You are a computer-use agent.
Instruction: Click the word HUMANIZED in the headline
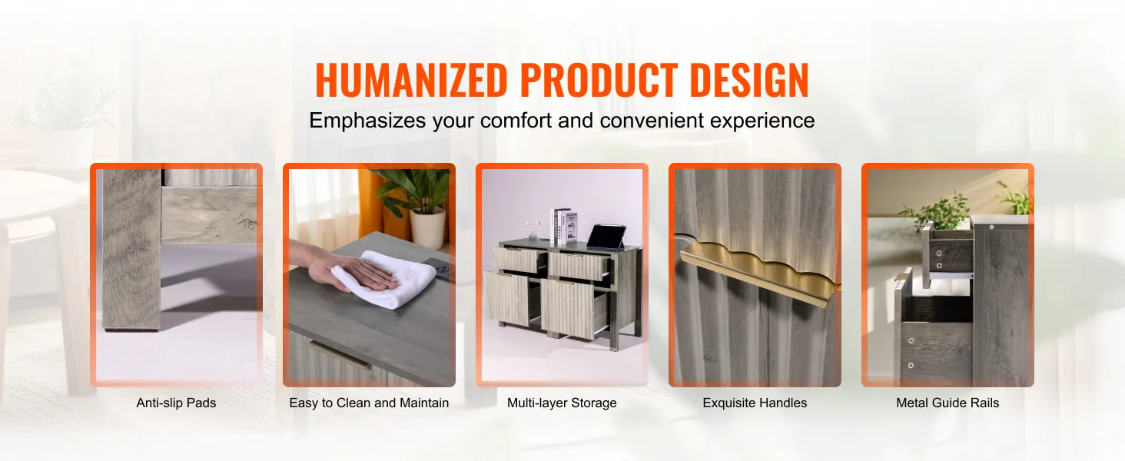click(x=411, y=80)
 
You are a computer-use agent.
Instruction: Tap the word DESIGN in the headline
click(x=749, y=80)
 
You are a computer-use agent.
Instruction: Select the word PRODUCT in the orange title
click(x=599, y=80)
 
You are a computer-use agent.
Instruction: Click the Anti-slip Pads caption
click(x=176, y=403)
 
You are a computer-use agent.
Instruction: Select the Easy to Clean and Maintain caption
click(x=369, y=403)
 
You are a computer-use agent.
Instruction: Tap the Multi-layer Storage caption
click(x=562, y=403)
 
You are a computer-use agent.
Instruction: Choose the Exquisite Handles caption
click(x=755, y=403)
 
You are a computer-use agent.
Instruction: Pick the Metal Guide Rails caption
click(x=947, y=403)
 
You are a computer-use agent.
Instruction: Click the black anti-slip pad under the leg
click(x=131, y=330)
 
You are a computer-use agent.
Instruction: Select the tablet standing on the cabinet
click(x=607, y=237)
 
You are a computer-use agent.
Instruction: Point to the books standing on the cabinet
click(x=563, y=226)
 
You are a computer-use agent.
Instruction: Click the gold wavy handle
click(x=759, y=271)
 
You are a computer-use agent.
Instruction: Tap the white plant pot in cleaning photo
click(x=427, y=228)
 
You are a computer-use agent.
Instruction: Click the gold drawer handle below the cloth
click(x=340, y=354)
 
